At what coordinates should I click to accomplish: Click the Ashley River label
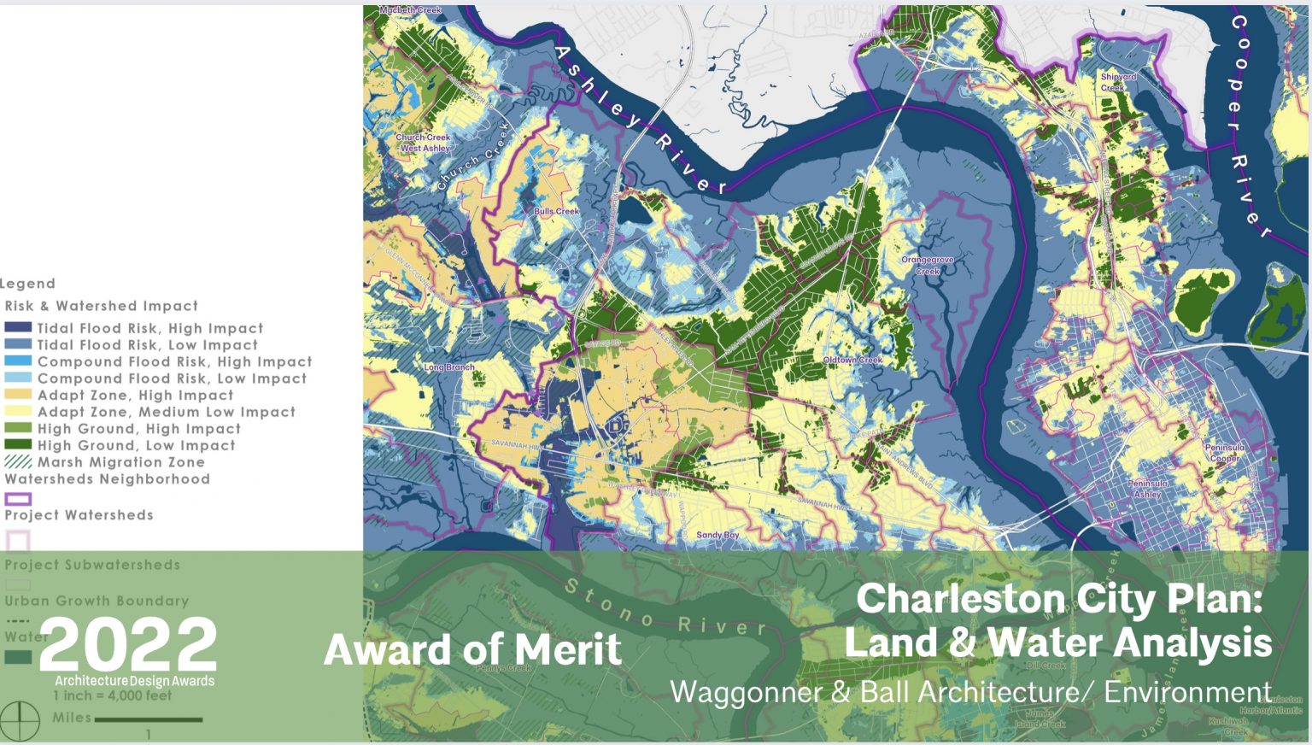coord(641,120)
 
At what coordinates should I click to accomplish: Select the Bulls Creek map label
coord(556,211)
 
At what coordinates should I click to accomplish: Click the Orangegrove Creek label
coord(927,265)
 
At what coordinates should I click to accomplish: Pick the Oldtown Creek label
coord(852,360)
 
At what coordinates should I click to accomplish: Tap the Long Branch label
coord(449,367)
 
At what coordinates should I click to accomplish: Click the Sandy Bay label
coord(717,535)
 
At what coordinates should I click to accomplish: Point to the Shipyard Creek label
coord(1118,82)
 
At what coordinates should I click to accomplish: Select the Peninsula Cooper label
coord(1224,453)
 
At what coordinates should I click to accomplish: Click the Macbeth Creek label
coord(410,10)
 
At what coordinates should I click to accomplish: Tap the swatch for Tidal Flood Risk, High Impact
coord(18,327)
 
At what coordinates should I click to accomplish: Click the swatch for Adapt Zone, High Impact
coord(18,395)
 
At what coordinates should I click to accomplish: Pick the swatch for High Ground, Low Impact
coord(18,445)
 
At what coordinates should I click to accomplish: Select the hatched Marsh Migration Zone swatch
coord(18,461)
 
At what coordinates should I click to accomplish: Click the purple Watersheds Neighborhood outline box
coord(18,498)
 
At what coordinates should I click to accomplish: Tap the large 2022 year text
coord(128,644)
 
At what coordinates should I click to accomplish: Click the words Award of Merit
coord(472,650)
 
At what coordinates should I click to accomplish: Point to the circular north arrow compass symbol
coord(20,720)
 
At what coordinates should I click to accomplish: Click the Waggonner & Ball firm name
coord(970,691)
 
